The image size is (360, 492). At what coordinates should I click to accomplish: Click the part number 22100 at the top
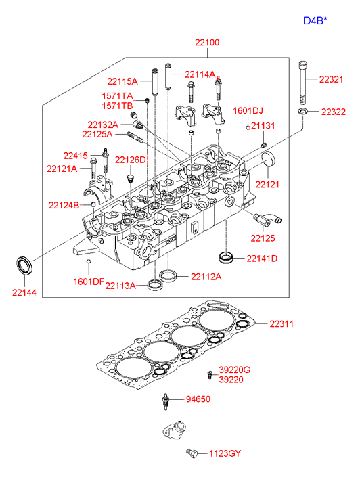click(207, 43)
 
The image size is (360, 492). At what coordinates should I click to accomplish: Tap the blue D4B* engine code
click(315, 21)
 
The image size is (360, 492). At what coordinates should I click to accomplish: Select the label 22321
click(331, 79)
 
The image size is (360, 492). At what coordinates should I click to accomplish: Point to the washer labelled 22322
click(303, 111)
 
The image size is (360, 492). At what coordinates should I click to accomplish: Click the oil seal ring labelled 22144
click(24, 265)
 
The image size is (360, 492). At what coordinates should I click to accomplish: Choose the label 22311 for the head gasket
click(282, 323)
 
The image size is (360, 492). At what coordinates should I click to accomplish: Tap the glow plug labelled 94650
click(165, 401)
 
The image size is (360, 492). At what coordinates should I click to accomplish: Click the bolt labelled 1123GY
click(192, 453)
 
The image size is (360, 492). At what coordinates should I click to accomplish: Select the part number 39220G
click(234, 370)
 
